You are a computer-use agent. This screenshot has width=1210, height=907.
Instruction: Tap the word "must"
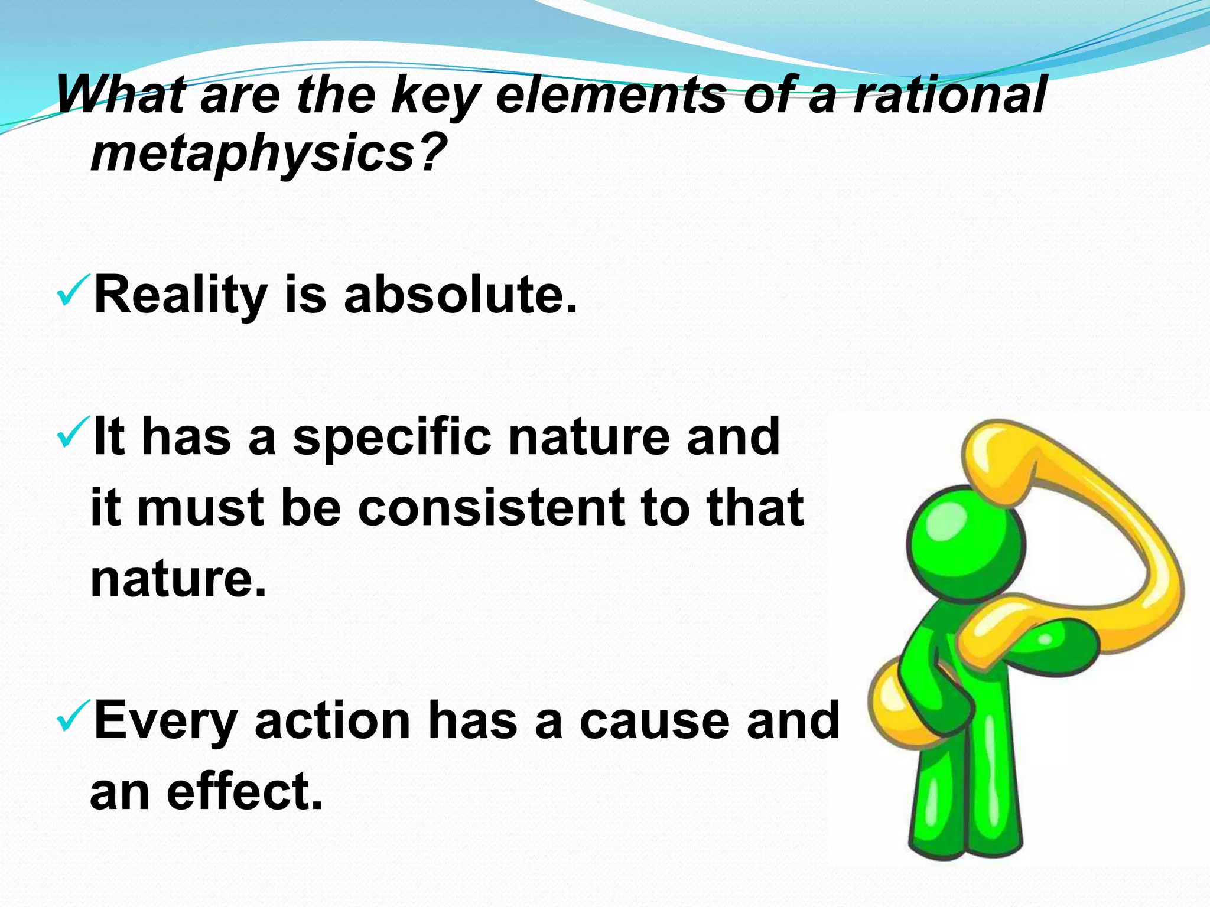(x=200, y=508)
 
